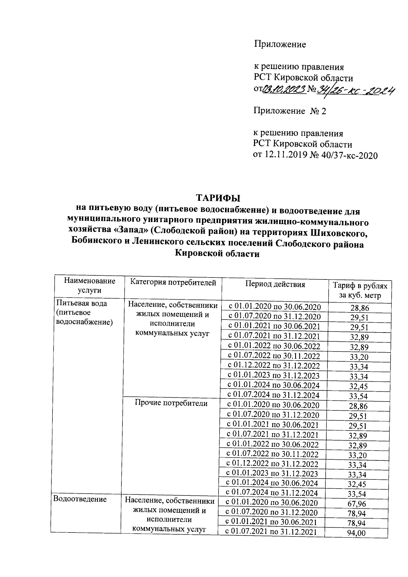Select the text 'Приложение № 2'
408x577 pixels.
(x=289, y=111)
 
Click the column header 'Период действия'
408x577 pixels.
(x=275, y=284)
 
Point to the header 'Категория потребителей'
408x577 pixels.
(x=173, y=282)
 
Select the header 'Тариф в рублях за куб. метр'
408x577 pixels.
(x=360, y=290)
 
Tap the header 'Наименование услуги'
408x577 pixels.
(x=90, y=286)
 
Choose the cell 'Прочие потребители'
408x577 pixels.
(x=171, y=403)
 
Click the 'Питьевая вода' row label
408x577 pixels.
(x=82, y=303)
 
